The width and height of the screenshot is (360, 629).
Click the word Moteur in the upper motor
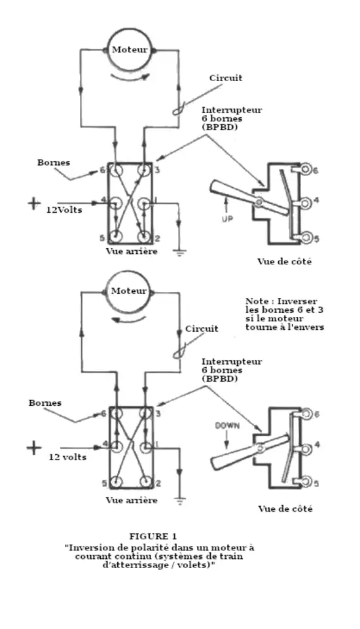[x=130, y=50]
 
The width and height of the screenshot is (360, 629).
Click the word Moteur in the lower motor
[x=129, y=291]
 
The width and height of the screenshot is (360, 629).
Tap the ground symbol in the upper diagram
[x=179, y=252]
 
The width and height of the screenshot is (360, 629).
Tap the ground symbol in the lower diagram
[x=180, y=500]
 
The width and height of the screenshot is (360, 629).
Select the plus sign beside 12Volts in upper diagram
[x=34, y=204]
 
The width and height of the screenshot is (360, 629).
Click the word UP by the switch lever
[x=227, y=219]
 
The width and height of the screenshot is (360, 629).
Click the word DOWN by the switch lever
[x=227, y=425]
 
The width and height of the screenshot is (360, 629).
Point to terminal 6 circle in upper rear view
[x=117, y=171]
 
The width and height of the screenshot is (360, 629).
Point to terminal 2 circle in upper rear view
[x=144, y=236]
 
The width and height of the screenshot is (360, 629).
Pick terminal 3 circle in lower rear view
[x=145, y=414]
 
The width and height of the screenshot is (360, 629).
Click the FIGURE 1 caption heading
[x=153, y=536]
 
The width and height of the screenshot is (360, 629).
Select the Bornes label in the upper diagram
[x=54, y=162]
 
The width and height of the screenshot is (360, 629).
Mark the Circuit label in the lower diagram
[x=202, y=329]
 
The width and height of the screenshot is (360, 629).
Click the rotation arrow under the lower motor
[x=128, y=319]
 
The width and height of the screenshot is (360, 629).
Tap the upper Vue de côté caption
[x=285, y=262]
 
